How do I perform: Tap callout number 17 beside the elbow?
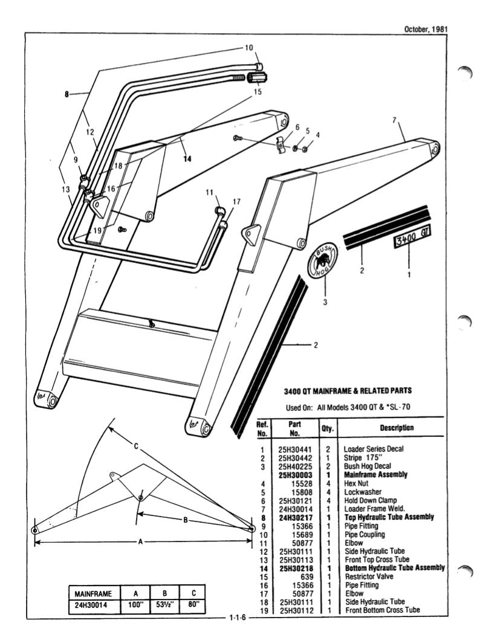tap(236, 202)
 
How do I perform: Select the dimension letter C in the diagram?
tap(137, 447)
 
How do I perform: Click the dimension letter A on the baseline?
tap(140, 542)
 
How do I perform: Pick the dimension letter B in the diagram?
tap(186, 520)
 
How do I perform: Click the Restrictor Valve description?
tap(369, 577)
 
